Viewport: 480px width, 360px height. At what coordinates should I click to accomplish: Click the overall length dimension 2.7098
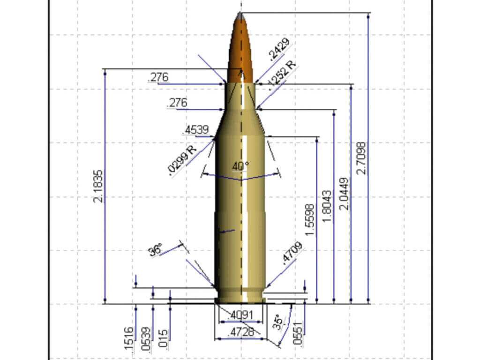click(x=361, y=157)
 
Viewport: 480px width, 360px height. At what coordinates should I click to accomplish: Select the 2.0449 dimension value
click(x=345, y=193)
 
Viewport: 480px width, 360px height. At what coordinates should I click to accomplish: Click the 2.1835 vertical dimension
click(x=98, y=186)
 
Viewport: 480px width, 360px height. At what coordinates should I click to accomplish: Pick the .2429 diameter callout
click(x=280, y=50)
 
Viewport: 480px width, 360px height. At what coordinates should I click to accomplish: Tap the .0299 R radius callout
click(x=183, y=160)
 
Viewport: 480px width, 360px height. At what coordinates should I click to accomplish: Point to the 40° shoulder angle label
click(x=240, y=166)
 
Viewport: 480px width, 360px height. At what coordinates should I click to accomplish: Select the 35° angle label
click(x=279, y=323)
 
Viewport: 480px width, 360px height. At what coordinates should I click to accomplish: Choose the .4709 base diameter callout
click(x=292, y=254)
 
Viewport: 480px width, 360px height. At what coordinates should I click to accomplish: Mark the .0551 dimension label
click(x=297, y=333)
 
